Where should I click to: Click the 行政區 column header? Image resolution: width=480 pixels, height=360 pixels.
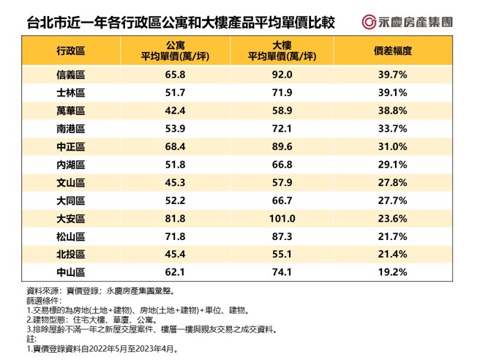pyautogui.click(x=70, y=50)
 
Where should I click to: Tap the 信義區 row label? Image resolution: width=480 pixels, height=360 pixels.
pyautogui.click(x=70, y=75)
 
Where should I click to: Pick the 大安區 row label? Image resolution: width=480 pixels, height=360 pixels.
pyautogui.click(x=70, y=218)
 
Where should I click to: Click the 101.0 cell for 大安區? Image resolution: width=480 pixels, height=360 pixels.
pyautogui.click(x=283, y=218)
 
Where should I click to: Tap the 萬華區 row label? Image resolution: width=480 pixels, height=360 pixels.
pyautogui.click(x=70, y=110)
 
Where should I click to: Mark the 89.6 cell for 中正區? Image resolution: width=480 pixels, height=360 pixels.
pyautogui.click(x=283, y=146)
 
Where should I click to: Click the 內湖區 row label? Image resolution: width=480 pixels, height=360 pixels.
pyautogui.click(x=70, y=165)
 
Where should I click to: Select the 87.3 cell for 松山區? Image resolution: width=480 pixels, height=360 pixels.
pyautogui.click(x=283, y=236)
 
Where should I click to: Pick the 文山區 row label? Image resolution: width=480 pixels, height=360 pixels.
pyautogui.click(x=70, y=182)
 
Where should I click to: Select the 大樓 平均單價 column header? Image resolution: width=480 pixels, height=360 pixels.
pyautogui.click(x=283, y=50)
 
